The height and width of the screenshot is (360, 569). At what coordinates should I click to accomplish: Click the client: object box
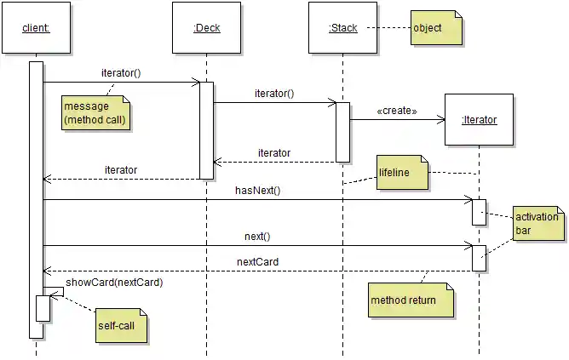(36, 28)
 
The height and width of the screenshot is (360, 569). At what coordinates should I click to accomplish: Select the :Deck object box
(206, 28)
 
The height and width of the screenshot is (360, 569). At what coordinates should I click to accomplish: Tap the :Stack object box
(342, 28)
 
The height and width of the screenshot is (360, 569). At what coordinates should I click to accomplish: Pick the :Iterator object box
(479, 120)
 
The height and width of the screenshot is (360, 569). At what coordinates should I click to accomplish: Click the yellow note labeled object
(436, 28)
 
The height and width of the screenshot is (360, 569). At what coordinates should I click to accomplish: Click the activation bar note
(537, 223)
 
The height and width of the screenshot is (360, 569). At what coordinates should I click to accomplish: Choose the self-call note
(120, 326)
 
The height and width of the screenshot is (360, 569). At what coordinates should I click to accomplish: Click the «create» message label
(396, 111)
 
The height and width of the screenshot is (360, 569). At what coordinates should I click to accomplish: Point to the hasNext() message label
(257, 191)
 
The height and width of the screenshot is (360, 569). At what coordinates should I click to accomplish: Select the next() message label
(257, 236)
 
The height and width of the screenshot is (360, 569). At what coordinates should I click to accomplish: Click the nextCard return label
(257, 261)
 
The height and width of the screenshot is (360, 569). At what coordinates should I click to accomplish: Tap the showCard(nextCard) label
(114, 282)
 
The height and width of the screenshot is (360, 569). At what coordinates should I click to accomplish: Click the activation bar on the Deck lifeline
(206, 129)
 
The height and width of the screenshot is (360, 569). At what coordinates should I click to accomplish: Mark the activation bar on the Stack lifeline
(342, 132)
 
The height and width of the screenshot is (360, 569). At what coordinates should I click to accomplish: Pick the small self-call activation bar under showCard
(43, 308)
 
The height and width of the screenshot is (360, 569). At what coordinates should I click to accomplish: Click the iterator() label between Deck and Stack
(274, 94)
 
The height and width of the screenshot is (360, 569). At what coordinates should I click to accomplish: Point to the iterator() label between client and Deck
(121, 73)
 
